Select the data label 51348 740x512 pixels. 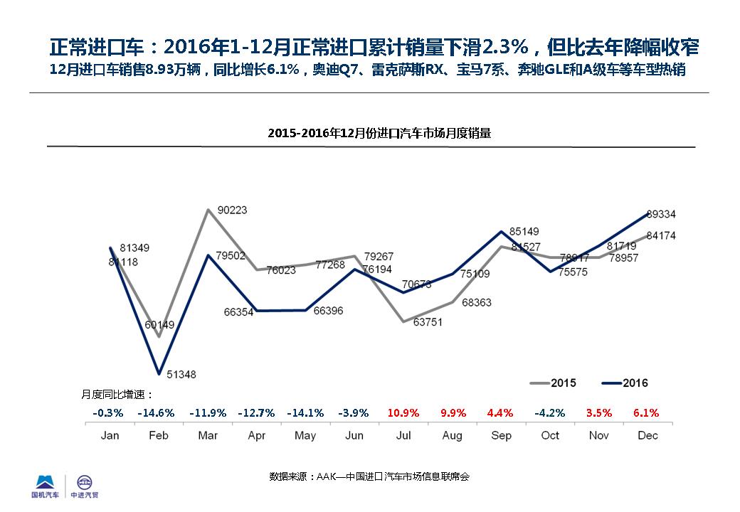point(181,374)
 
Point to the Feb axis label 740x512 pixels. point(158,435)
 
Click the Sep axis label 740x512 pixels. point(501,435)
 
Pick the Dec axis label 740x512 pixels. point(647,435)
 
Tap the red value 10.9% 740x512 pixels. point(403,412)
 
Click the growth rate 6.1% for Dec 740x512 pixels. point(646,412)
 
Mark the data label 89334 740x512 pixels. point(661,214)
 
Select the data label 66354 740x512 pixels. point(238,312)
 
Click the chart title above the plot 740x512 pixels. point(379,133)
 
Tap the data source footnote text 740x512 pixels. point(369,476)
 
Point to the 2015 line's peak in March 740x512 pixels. point(207,210)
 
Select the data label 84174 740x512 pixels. point(661,235)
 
